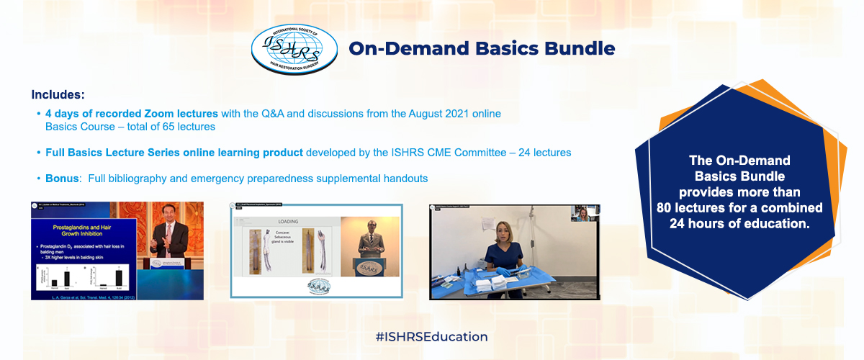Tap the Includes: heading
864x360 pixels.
(x=58, y=94)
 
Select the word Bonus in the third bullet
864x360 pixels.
(x=61, y=178)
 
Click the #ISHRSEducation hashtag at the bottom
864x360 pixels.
(x=431, y=336)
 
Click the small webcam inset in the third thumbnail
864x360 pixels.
(x=585, y=214)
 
